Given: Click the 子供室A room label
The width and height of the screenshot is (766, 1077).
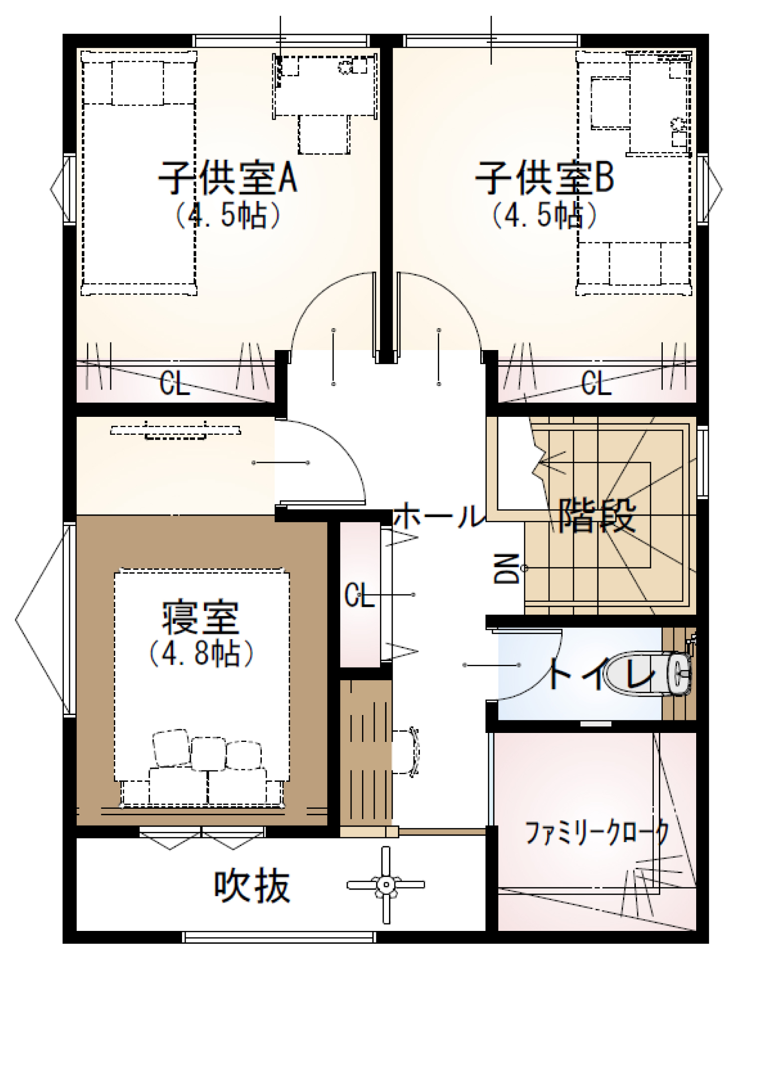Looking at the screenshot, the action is point(228,177).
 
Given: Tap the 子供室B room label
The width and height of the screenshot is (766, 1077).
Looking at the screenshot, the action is point(544,177).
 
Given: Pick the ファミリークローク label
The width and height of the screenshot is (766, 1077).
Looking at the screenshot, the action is point(596,832).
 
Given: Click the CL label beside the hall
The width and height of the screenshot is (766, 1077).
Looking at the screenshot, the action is point(359,594).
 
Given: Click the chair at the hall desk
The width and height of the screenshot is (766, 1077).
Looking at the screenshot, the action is point(405,751).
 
